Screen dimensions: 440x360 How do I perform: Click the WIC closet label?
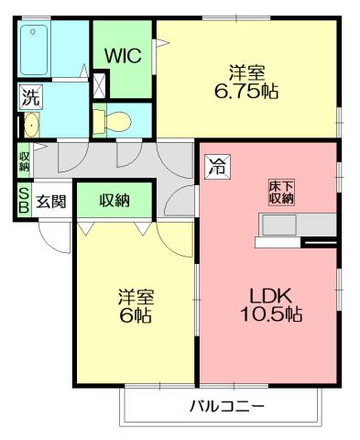click(123, 55)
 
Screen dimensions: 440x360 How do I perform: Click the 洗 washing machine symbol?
click(30, 94)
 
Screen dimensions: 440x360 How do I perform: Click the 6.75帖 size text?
click(247, 91)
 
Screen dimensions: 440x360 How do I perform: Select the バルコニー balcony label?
click(227, 406)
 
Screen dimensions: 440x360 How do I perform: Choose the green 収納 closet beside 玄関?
click(115, 200)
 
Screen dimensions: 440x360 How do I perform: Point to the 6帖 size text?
click(135, 314)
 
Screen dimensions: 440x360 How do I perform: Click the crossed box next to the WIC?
click(99, 82)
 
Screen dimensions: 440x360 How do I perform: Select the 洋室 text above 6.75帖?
click(247, 71)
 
